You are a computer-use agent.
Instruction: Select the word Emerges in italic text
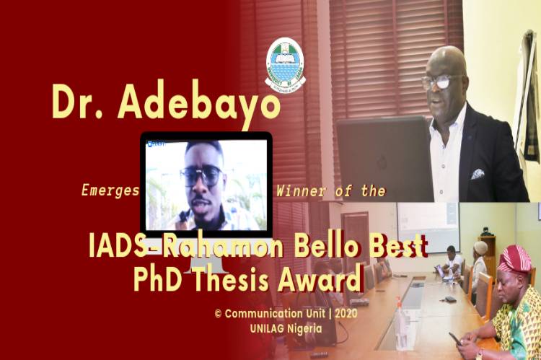coord(110,191)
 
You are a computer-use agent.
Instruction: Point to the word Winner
coord(301,190)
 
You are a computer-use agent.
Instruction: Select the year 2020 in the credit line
coord(346,313)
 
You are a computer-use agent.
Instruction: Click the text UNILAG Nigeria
coord(286,328)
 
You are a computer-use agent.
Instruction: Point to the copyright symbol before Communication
coord(218,314)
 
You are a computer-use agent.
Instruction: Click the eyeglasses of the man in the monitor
coord(201,175)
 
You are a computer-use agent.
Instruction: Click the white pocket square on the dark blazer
coord(478,174)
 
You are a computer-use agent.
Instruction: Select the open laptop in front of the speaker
coord(384,159)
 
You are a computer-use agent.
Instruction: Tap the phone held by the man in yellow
coord(454,338)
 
